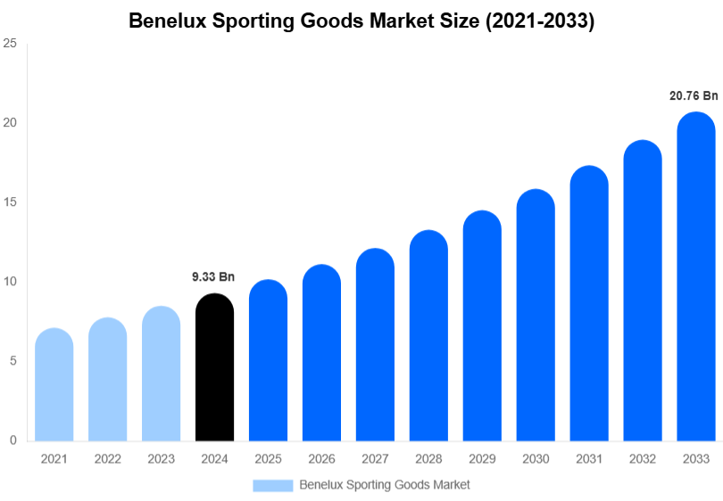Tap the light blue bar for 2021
[54, 385]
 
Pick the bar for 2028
[428, 336]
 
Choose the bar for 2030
[536, 316]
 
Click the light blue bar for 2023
[161, 374]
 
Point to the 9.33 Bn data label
[213, 277]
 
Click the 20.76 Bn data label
[694, 95]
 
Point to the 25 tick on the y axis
[10, 43]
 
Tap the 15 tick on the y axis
[10, 202]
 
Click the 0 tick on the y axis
[12, 440]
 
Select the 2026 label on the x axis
[321, 459]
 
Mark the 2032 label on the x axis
[643, 459]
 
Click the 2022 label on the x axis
[107, 459]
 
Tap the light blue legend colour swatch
[272, 485]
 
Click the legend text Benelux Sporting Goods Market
[385, 485]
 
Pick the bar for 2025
[268, 361]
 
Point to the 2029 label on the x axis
[482, 459]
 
